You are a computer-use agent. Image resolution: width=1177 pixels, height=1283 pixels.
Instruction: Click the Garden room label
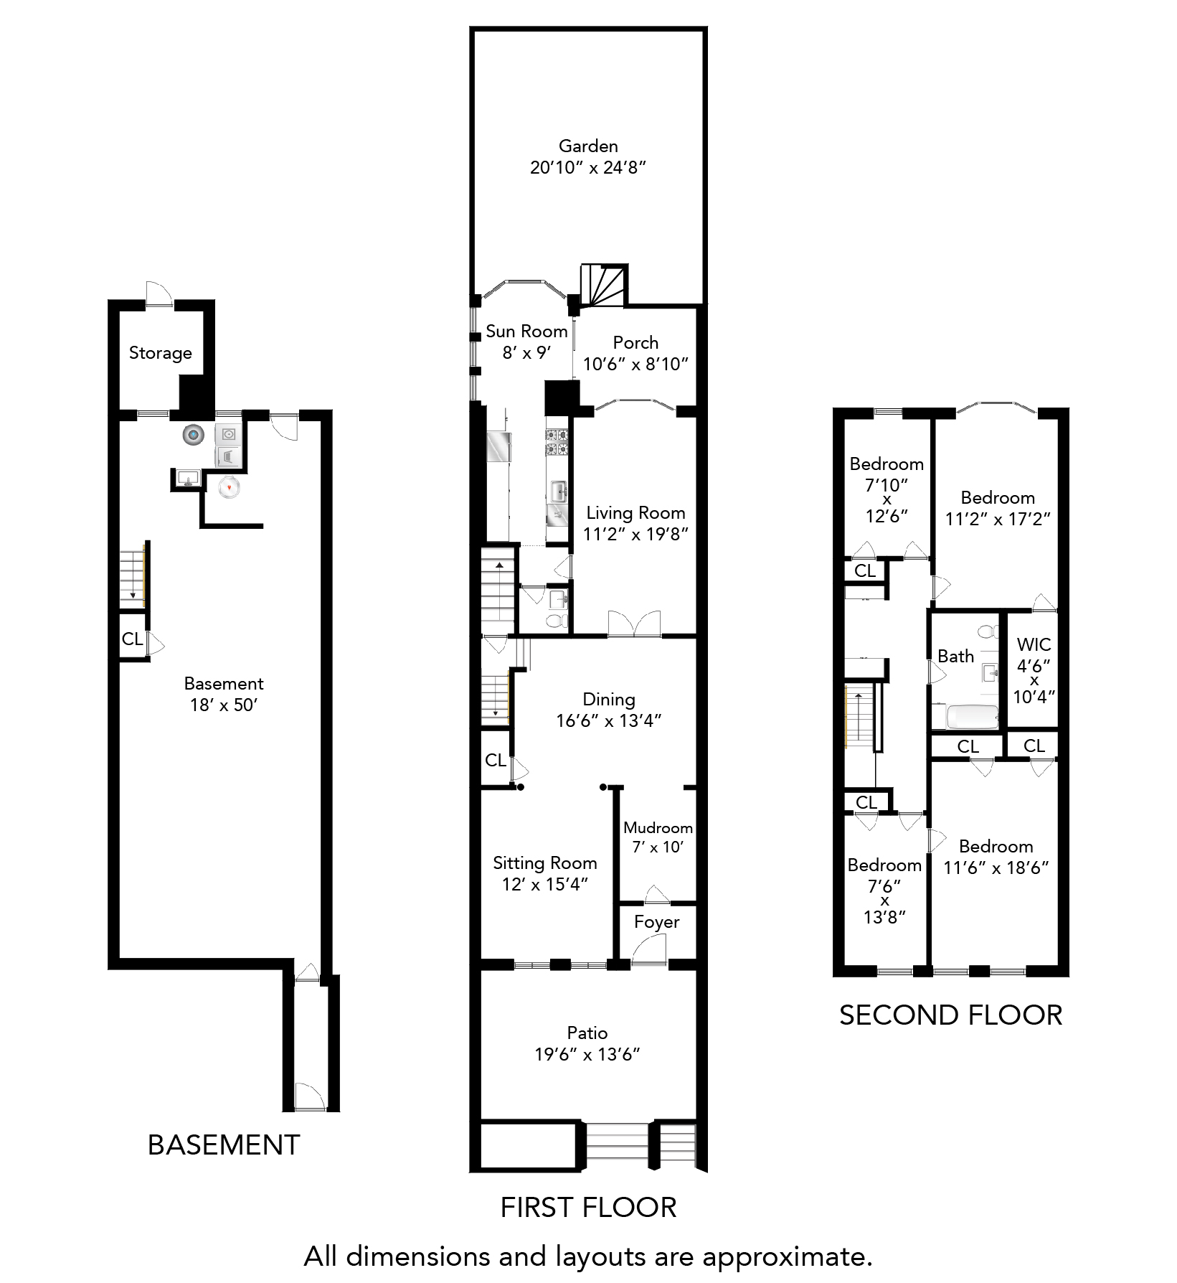pos(588,146)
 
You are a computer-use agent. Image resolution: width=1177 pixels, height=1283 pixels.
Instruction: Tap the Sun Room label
pos(526,332)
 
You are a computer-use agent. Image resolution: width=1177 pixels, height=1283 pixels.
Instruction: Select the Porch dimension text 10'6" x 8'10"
pos(635,364)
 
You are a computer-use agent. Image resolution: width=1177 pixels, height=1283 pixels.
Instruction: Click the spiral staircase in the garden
pos(603,285)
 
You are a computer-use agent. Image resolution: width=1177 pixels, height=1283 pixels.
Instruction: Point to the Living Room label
pos(635,513)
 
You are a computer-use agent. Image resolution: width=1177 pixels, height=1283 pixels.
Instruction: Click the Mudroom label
pos(658,828)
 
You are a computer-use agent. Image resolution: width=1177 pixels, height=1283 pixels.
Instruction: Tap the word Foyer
pos(656,922)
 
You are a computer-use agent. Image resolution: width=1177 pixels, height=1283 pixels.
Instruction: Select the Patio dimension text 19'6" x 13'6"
pos(587,1054)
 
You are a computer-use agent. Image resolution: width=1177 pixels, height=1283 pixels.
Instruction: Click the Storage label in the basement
pos(161,353)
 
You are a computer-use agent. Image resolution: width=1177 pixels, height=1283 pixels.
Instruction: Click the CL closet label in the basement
pos(132,639)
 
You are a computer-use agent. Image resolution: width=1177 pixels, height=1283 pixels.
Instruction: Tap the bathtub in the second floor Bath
pos(965,717)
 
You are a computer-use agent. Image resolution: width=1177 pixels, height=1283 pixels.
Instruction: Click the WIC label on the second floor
pos(1034,645)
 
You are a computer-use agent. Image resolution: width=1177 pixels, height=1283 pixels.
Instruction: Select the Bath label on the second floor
pos(956,656)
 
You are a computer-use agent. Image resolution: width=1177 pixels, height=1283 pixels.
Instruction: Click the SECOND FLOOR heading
pos(950,1015)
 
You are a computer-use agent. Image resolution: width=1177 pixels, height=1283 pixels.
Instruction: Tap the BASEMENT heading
pos(224,1145)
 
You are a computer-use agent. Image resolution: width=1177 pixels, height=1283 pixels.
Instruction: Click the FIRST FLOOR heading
pos(588,1208)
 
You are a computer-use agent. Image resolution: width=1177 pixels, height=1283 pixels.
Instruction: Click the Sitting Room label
pos(545,863)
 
